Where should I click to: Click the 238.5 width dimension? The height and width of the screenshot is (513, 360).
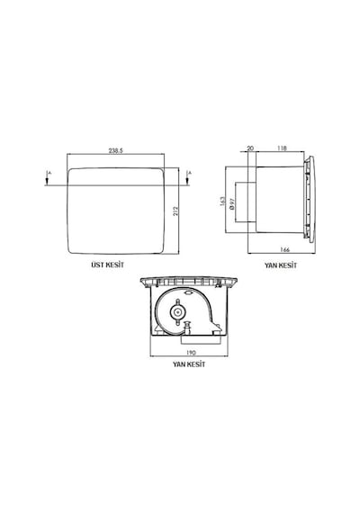[115, 151]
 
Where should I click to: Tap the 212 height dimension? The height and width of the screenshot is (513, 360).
[175, 211]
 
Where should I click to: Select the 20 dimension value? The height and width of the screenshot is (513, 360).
[250, 148]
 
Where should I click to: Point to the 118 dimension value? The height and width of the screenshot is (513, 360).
[282, 148]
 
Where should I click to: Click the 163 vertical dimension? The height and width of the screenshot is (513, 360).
[223, 202]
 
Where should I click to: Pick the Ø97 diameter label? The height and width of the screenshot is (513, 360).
[232, 203]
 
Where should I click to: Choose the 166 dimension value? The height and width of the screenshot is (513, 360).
[285, 249]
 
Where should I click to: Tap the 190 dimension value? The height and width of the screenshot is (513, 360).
[191, 353]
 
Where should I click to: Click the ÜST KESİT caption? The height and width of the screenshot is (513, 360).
[108, 265]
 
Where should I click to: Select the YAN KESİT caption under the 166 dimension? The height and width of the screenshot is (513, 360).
[281, 265]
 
